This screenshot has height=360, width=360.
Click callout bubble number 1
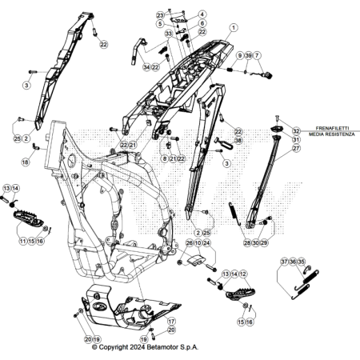click(234, 27)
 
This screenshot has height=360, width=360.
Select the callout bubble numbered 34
click(146, 67)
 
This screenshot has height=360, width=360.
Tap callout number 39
click(248, 55)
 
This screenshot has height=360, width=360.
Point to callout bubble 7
click(257, 55)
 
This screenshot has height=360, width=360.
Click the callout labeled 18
click(26, 162)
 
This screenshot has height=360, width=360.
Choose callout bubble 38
click(238, 141)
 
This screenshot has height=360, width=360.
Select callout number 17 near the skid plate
click(171, 322)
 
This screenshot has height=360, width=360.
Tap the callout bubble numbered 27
click(296, 148)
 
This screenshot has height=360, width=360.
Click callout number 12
click(243, 274)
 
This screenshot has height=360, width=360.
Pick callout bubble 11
click(23, 241)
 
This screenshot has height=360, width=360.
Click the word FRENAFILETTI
click(332, 128)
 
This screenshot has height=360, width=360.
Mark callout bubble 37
click(285, 262)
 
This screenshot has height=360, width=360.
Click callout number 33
click(169, 34)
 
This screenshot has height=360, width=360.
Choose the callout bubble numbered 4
click(202, 14)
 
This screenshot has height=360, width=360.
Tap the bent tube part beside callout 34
click(137, 50)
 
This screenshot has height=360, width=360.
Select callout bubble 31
click(296, 139)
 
